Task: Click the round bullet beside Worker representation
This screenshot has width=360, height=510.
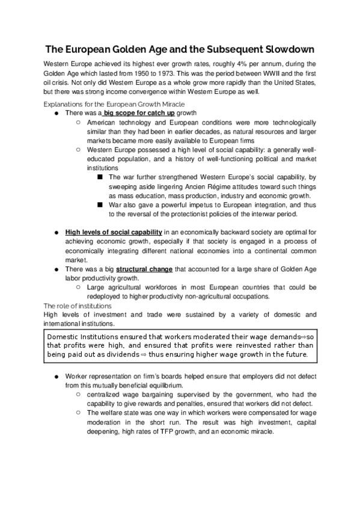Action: pos(55,376)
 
